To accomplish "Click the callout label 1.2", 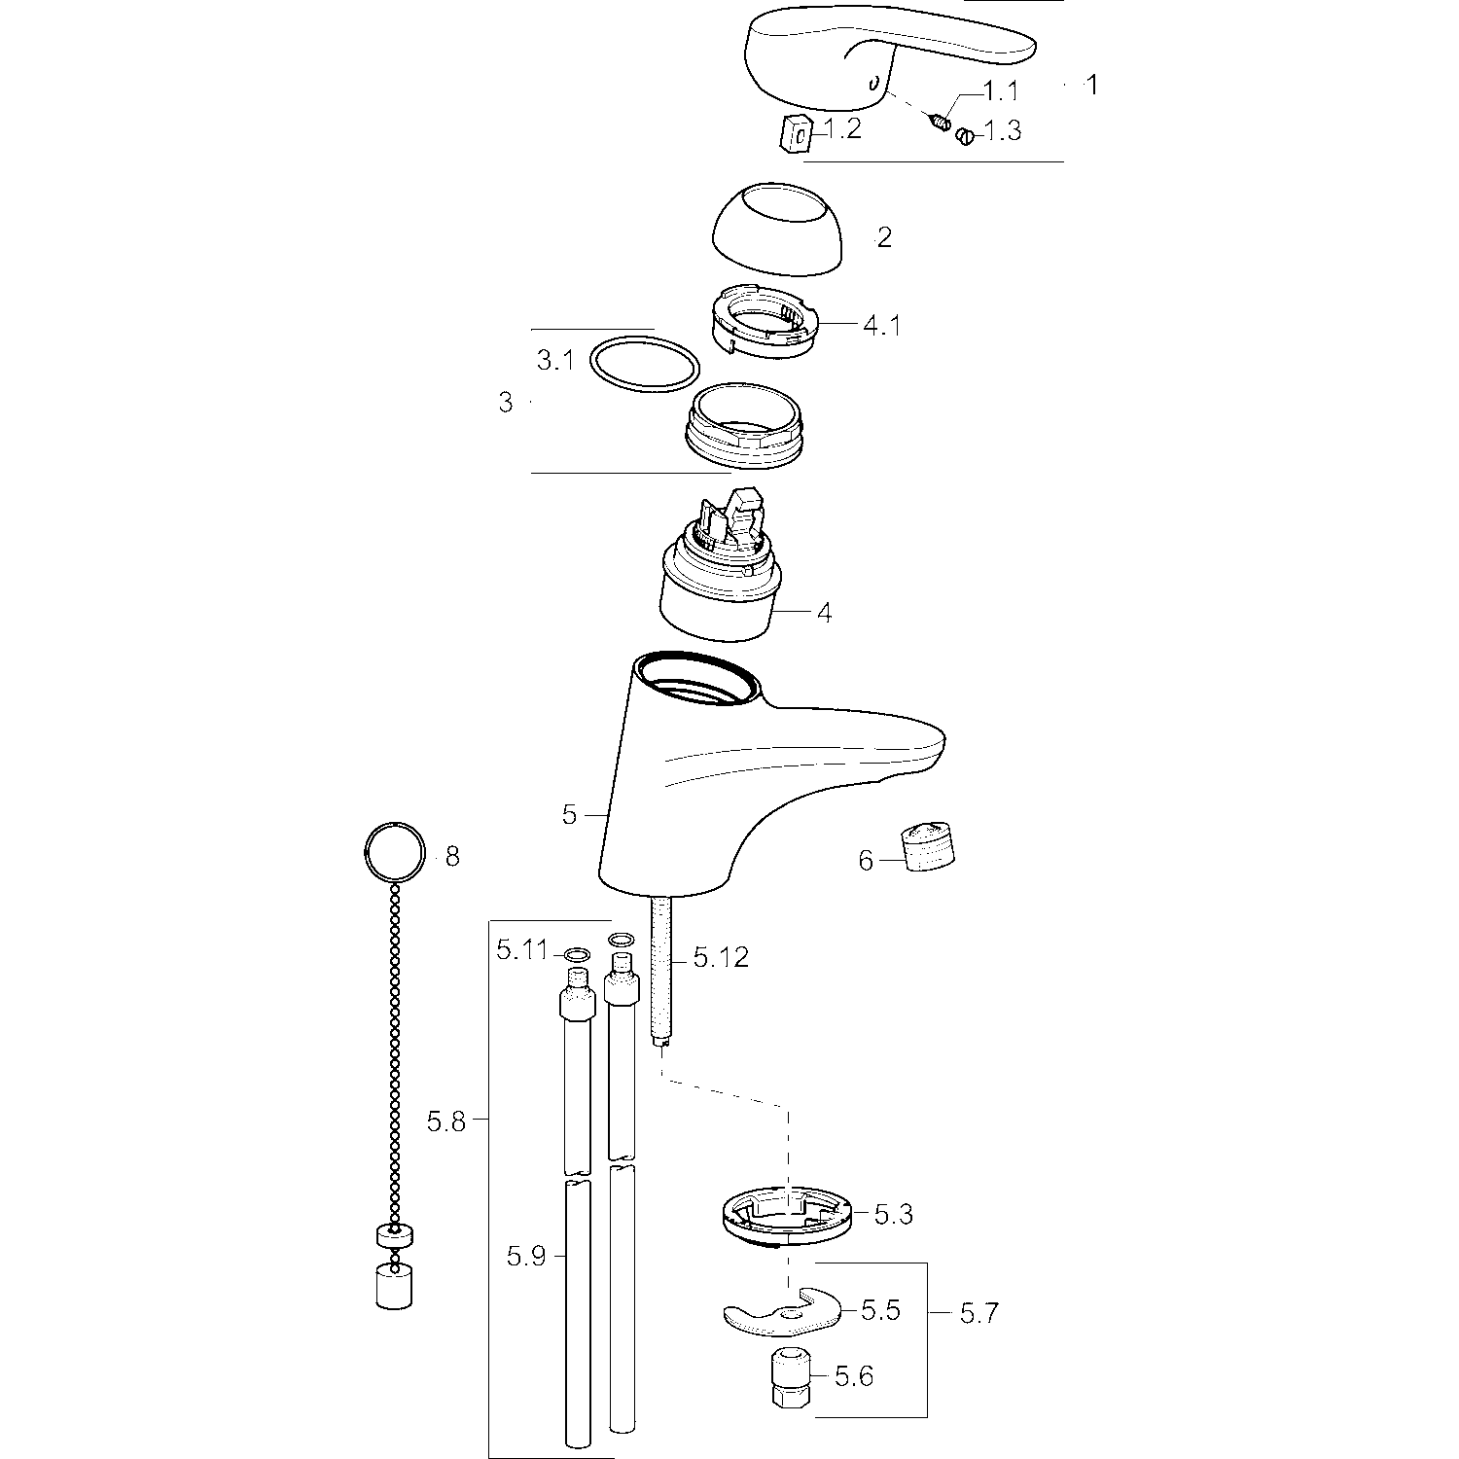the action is pyautogui.click(x=842, y=128).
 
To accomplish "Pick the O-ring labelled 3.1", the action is pyautogui.click(x=645, y=365).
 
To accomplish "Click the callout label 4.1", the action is pyautogui.click(x=881, y=325).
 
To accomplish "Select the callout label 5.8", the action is pyautogui.click(x=446, y=1121).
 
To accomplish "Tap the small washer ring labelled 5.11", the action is pyautogui.click(x=577, y=955).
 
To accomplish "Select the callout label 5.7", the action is pyautogui.click(x=979, y=1313).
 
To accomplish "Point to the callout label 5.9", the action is pyautogui.click(x=526, y=1257).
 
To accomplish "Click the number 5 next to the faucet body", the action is pyautogui.click(x=569, y=815).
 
